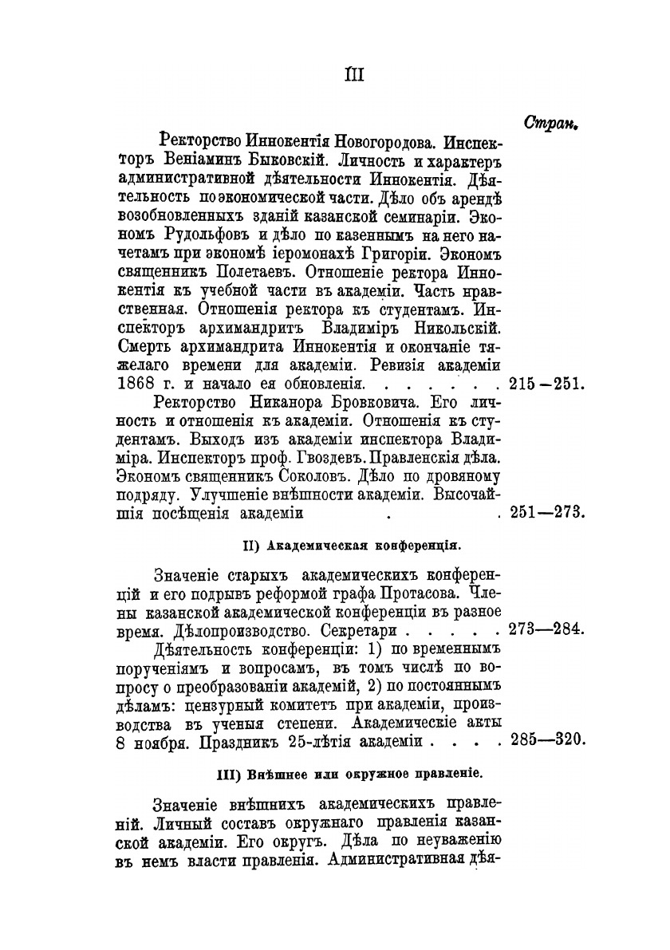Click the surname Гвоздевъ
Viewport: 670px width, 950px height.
(x=349, y=460)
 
